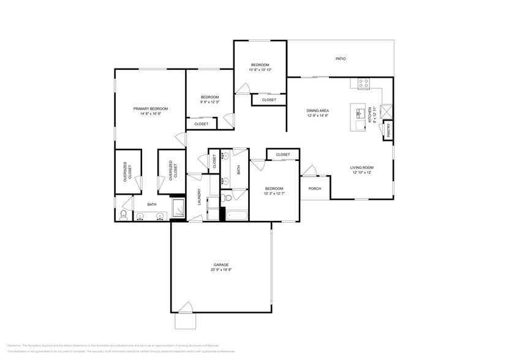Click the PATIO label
tap(341, 59)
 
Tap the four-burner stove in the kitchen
tap(363, 84)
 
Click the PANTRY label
tap(388, 130)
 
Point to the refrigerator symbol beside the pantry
tap(386, 111)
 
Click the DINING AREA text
tap(318, 110)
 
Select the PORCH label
tap(315, 189)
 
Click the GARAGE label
tap(221, 264)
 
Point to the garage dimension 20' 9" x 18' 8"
tap(221, 270)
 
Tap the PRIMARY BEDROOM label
tap(151, 108)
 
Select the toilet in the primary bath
tap(123, 214)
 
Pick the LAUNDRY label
tap(199, 197)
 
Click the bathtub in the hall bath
tap(237, 215)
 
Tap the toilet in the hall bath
tap(227, 197)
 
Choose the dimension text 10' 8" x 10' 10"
tap(260, 70)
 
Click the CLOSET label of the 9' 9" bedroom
tap(201, 124)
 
